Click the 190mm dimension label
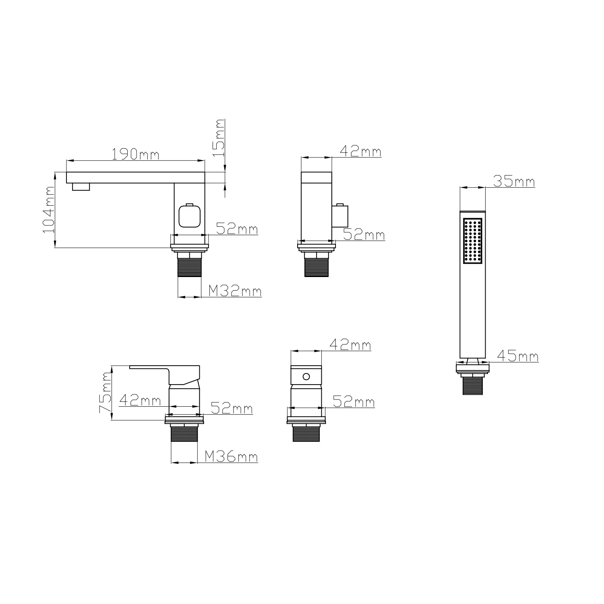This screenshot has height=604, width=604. [135, 154]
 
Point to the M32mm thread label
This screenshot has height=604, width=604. [235, 291]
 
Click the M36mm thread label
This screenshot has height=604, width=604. [231, 457]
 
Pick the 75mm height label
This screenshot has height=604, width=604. [106, 393]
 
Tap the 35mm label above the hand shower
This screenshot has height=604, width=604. [514, 182]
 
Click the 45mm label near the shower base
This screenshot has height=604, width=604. [517, 356]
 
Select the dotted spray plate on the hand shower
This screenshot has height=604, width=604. [473, 241]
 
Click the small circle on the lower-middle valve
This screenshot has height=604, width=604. [306, 376]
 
